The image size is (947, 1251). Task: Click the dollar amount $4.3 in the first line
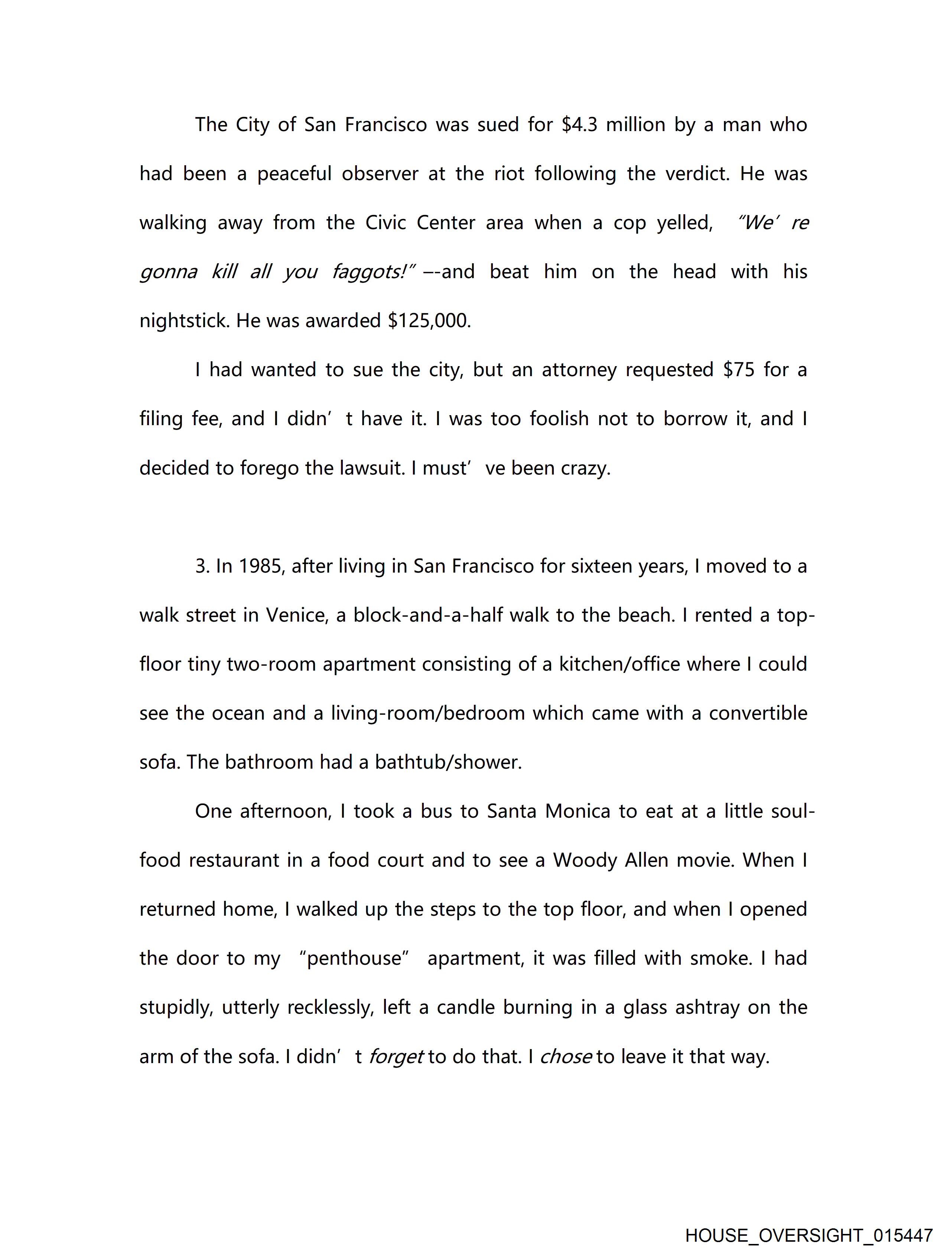(579, 124)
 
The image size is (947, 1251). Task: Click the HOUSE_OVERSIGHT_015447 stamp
(808, 1235)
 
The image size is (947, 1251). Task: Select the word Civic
(386, 223)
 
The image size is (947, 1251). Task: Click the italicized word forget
(396, 1056)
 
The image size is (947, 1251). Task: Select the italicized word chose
(566, 1056)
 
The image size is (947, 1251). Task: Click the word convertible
(758, 713)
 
